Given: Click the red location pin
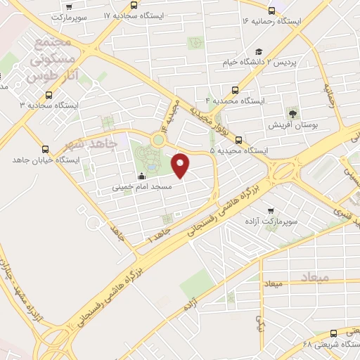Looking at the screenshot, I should (x=181, y=165).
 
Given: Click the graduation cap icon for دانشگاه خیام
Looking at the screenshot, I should (x=259, y=51).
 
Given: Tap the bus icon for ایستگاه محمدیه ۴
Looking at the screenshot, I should (x=235, y=90).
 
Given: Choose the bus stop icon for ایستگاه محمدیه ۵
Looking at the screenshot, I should (x=239, y=139).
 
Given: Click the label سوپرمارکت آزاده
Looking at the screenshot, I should (x=288, y=221).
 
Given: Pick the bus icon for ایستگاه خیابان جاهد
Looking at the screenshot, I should (x=46, y=149).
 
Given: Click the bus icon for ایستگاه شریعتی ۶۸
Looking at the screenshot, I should (x=333, y=333).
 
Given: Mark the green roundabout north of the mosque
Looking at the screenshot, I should (x=158, y=140).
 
